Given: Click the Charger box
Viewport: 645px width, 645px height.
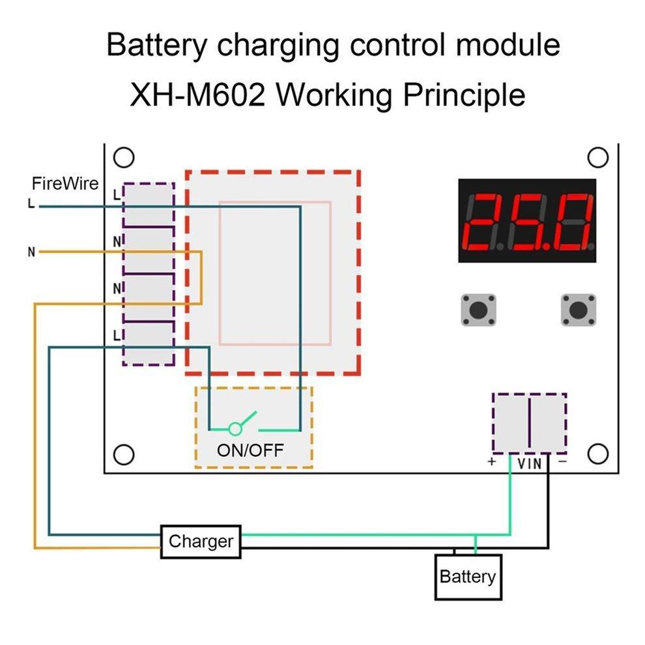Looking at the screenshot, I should (x=201, y=541).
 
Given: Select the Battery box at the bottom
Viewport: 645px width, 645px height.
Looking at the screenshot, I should (x=468, y=577).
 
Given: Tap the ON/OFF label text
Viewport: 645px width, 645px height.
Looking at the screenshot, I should (x=251, y=450).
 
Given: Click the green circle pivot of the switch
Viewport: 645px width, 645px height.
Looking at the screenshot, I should (x=235, y=429).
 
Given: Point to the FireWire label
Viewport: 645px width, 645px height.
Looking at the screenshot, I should (x=65, y=184).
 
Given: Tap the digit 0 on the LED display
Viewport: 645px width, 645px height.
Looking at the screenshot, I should (x=571, y=221).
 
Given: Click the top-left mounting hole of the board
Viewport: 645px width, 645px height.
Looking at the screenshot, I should (x=123, y=158).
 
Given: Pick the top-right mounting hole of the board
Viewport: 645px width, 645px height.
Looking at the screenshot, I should (x=597, y=158).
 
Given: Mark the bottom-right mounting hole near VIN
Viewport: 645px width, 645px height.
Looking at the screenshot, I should (x=597, y=453).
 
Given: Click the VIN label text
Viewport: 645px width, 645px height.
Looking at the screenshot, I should (x=529, y=464).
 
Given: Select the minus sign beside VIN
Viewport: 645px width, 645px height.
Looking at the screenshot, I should (x=562, y=462).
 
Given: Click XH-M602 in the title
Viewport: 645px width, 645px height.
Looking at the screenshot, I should (x=198, y=96).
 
